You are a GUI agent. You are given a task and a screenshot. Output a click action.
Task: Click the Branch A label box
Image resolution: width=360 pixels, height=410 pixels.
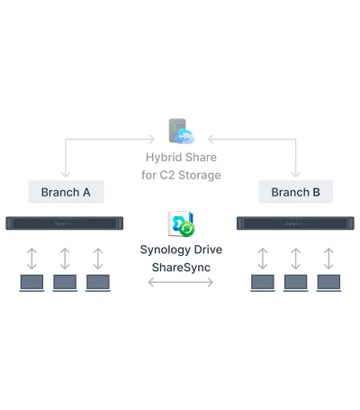67,192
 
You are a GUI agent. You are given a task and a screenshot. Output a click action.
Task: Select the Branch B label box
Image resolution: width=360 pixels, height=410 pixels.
295,192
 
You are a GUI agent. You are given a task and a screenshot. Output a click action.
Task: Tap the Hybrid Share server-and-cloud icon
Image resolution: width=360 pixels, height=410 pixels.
182,131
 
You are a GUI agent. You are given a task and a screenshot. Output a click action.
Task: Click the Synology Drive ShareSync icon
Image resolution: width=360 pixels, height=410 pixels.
181,223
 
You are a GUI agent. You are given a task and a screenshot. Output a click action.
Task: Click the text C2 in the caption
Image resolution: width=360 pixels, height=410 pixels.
166,175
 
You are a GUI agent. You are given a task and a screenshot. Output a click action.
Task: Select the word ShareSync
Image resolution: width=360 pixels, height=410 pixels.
181,268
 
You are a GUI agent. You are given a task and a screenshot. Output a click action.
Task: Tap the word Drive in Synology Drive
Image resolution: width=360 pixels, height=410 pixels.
208,250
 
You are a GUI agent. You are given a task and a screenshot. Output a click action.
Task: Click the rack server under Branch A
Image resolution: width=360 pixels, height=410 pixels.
65,223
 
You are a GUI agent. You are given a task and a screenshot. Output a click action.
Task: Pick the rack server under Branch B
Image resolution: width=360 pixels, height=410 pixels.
295,223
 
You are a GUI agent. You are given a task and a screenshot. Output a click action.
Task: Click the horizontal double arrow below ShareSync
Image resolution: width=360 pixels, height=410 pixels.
181,282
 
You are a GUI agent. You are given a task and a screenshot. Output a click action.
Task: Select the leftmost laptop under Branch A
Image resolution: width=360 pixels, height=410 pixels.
31,283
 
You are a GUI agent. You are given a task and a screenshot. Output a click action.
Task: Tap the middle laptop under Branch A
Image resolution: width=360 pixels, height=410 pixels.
65,283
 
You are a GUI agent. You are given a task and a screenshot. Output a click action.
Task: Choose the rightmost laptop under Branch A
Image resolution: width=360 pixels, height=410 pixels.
98,283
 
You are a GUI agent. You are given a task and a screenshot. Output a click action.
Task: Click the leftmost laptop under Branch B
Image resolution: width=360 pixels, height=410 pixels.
263,283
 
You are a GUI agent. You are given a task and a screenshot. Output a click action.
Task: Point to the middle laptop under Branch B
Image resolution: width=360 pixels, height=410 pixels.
296,283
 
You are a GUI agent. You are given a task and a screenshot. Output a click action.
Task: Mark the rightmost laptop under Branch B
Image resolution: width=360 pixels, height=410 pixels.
328,283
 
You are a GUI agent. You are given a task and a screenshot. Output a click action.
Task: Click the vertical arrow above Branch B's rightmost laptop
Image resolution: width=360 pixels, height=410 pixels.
328,259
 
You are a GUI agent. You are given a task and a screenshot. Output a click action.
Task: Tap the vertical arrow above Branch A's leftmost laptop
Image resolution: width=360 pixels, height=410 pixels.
31,259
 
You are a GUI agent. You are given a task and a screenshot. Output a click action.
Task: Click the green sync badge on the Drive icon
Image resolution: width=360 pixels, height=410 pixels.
187,229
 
